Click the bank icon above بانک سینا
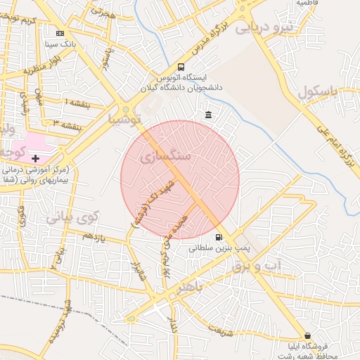[60, 32]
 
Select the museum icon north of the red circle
[207, 115]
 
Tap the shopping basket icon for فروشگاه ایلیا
[307, 335]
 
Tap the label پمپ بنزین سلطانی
[218, 248]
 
